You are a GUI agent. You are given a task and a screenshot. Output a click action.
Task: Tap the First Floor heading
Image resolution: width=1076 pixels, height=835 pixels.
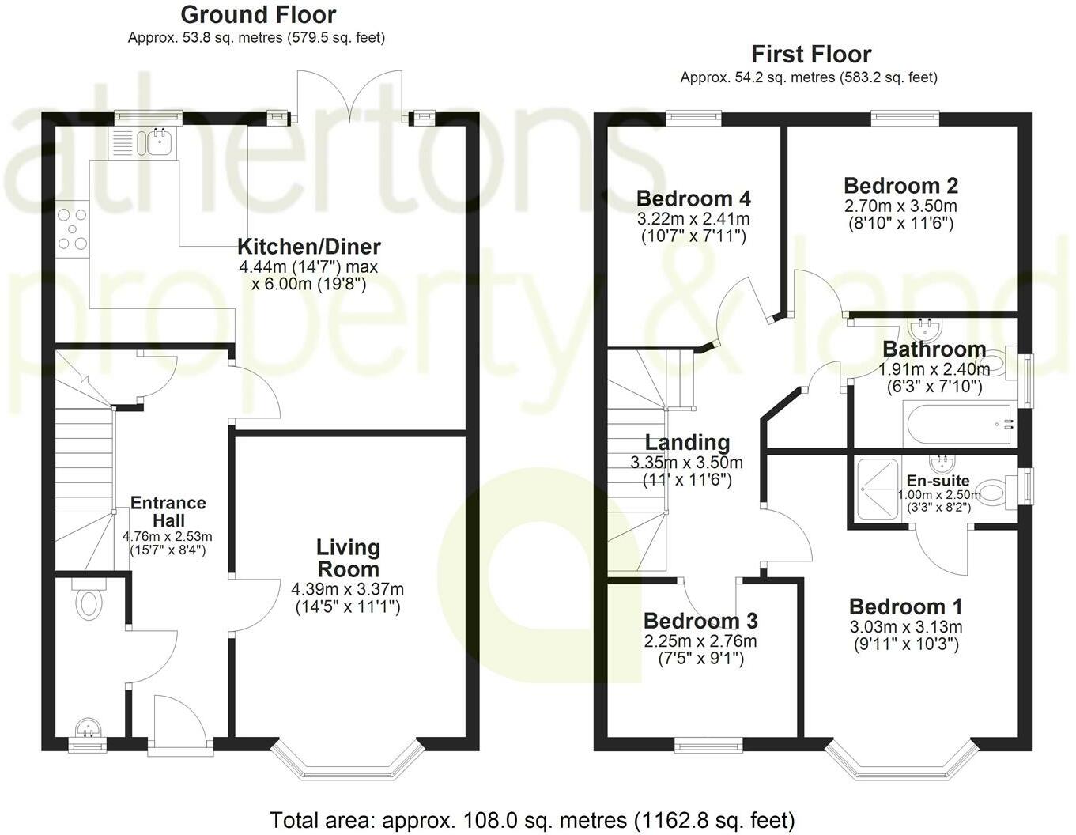pyautogui.click(x=810, y=55)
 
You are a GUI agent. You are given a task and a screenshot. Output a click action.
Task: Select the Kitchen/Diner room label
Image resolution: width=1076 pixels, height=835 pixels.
pyautogui.click(x=309, y=246)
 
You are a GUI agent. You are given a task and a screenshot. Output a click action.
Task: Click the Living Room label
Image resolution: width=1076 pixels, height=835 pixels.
pyautogui.click(x=348, y=557)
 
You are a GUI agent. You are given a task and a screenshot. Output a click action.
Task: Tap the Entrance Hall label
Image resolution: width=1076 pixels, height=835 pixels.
pyautogui.click(x=168, y=511)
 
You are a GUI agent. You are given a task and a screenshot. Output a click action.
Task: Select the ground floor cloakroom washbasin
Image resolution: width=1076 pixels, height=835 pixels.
pyautogui.click(x=86, y=727)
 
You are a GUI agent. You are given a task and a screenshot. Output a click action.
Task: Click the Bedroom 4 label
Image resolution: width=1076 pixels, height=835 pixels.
pyautogui.click(x=693, y=198)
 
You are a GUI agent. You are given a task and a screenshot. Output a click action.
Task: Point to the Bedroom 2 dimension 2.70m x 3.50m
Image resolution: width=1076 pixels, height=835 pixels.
pyautogui.click(x=900, y=206)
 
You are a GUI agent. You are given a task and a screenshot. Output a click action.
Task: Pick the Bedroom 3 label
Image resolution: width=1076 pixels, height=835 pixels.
pyautogui.click(x=700, y=621)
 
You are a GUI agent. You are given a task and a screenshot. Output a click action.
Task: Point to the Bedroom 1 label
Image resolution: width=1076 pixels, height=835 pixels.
pyautogui.click(x=905, y=607)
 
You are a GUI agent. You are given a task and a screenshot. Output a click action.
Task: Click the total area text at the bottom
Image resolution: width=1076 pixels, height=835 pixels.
pyautogui.click(x=532, y=819)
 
